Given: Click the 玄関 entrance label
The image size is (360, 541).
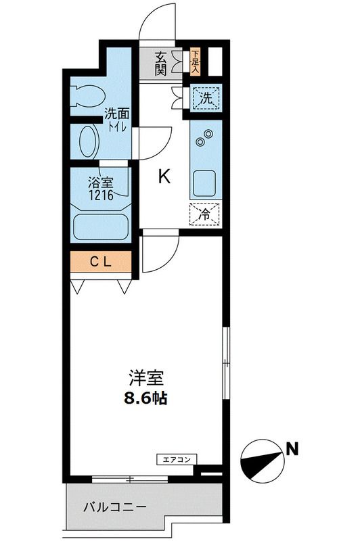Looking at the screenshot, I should [160, 63].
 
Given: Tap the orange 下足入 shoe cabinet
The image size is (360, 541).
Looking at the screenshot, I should [196, 62].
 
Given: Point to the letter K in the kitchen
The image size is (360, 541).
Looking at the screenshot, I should [164, 177].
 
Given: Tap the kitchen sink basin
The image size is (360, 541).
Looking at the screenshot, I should [205, 182].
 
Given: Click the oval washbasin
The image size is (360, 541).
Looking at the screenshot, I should [87, 141].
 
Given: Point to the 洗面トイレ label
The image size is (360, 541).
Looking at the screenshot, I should [116, 120].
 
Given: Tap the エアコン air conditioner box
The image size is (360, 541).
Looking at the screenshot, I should [177, 460].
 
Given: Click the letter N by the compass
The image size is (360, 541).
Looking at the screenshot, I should [292, 447].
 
